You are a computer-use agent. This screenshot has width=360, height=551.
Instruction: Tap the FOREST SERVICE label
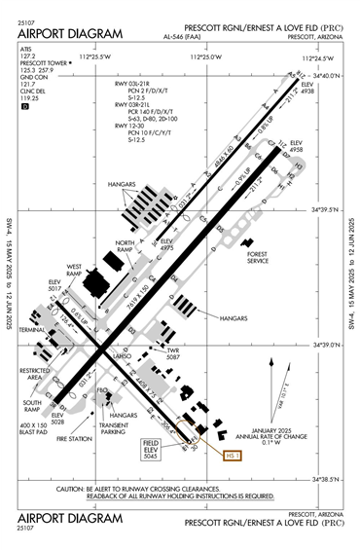click(x=258, y=257)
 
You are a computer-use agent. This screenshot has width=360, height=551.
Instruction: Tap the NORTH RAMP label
click(x=126, y=246)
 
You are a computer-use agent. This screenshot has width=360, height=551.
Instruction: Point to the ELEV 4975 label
click(x=165, y=243)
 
